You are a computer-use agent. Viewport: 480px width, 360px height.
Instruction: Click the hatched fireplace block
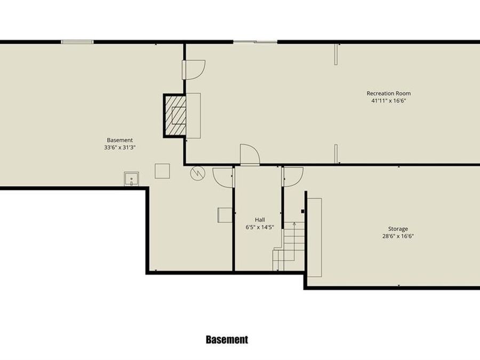174,115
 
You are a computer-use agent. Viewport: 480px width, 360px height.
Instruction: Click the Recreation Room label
388,93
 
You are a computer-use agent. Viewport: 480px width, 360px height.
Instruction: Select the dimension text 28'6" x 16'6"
398,236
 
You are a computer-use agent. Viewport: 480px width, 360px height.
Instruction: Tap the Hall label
260,219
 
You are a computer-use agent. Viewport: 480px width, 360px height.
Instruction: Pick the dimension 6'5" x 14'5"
260,227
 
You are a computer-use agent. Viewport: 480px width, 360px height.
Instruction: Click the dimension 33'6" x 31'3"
120,147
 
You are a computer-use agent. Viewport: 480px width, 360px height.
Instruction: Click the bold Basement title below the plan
227,339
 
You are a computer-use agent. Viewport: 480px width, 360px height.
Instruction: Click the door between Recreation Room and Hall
250,155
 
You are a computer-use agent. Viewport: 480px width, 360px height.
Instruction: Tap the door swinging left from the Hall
223,177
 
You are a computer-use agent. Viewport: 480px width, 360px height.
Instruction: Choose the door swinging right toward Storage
293,177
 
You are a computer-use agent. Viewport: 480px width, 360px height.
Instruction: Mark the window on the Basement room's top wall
77,42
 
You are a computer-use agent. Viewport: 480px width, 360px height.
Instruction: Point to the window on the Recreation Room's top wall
255,42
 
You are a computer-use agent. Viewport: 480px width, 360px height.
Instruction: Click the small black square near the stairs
302,211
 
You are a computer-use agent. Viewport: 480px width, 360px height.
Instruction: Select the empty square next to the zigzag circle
162,171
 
